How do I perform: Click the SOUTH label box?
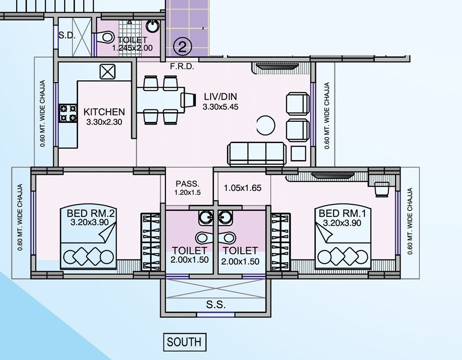tap(184, 342)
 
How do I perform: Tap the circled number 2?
tap(182, 46)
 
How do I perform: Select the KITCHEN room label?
tap(104, 112)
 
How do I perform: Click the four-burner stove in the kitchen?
tap(68, 114)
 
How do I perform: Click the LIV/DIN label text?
tap(220, 97)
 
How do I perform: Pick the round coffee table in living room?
tap(266, 125)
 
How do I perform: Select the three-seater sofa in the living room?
tap(256, 153)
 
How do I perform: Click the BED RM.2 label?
tap(91, 214)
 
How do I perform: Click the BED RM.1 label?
tap(339, 214)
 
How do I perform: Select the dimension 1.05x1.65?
tap(243, 188)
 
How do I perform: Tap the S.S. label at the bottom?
tap(216, 305)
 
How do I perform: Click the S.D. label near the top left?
tap(67, 35)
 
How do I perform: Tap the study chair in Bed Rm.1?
tap(382, 188)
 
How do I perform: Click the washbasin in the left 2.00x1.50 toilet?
tap(204, 216)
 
